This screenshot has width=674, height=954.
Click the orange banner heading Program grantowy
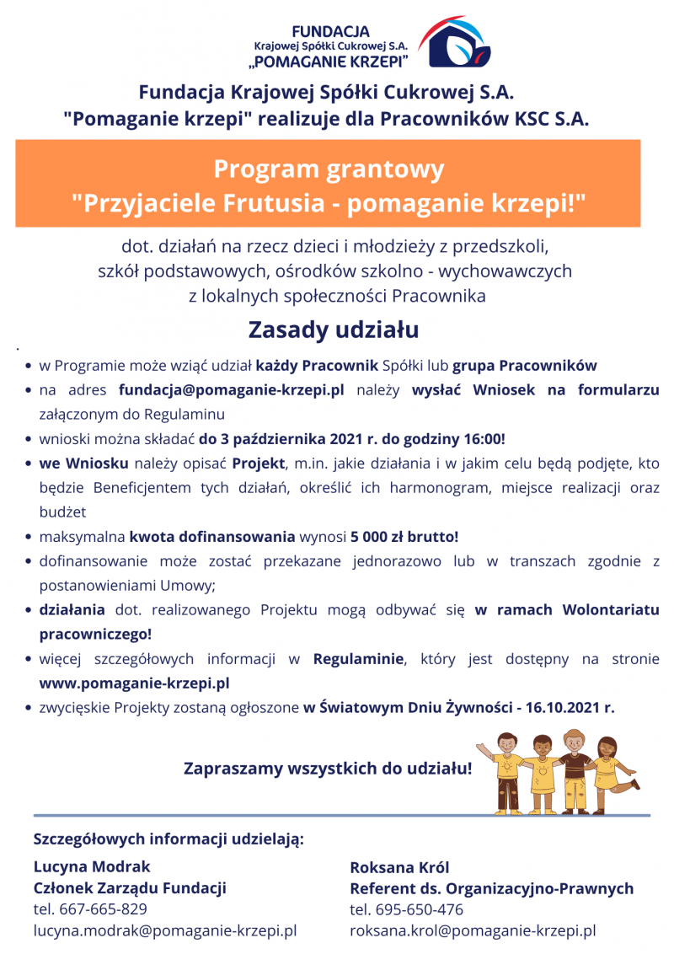coord(328,170)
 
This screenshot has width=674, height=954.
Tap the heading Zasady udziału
coord(333,330)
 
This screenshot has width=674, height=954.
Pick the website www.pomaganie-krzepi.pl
coord(135,683)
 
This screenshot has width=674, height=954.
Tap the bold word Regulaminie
coord(358,658)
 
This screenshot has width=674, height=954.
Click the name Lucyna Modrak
coord(92,866)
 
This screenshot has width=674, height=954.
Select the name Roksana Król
coord(399,867)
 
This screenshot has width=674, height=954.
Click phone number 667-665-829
coord(103,909)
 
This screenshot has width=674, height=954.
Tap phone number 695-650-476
coord(420,910)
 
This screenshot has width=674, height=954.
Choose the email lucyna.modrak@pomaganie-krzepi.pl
coord(165,931)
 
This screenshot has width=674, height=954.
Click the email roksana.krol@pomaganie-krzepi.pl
coord(473,931)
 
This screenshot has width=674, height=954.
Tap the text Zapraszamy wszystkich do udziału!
coord(328,769)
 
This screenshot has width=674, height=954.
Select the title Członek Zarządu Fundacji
coord(130,887)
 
